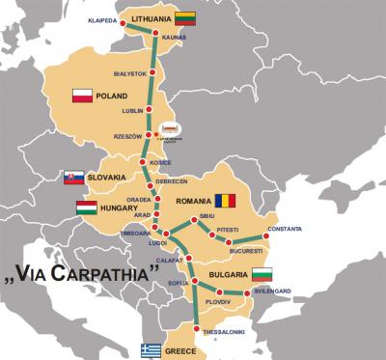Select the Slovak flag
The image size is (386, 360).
71,177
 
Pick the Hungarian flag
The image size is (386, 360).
86,207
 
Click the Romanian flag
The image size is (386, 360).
225,201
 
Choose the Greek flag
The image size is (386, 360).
150,348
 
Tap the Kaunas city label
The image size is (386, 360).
176,39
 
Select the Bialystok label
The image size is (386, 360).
129,73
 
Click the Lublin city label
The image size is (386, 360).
132,111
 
